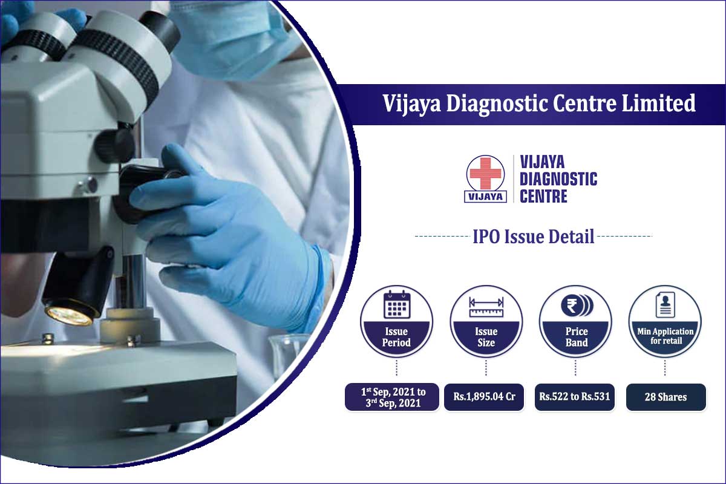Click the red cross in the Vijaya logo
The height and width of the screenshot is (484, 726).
click(486, 174)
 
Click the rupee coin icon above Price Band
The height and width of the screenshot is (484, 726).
click(576, 306)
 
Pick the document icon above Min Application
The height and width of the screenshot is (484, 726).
click(665, 306)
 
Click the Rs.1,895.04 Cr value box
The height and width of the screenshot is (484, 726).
click(484, 397)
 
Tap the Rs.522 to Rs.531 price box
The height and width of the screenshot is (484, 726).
click(575, 397)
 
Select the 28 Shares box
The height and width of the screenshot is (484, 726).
click(665, 397)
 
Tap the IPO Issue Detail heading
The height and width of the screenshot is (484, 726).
click(533, 236)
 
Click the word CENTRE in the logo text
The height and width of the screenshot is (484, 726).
click(543, 197)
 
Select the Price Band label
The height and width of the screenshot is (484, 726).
click(576, 337)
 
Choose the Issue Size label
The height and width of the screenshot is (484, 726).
click(486, 337)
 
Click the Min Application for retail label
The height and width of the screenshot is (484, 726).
click(665, 336)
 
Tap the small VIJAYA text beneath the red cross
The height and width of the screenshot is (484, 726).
click(486, 195)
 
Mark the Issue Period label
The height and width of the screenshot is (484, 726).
click(396, 337)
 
